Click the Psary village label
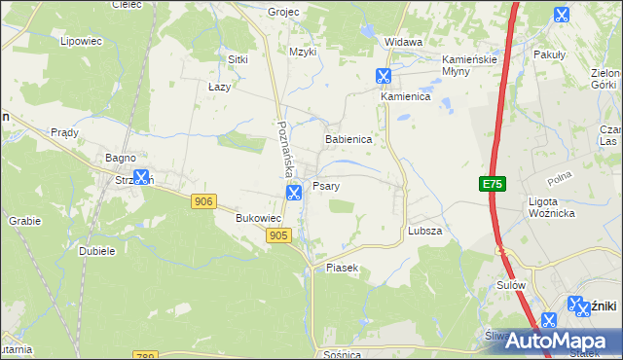coord(325,185)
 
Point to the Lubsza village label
coord(425,231)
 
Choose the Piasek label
coord(343,267)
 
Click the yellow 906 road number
coord(203,200)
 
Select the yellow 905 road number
coord(278,235)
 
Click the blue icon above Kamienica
coord(384,76)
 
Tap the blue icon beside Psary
coord(294,193)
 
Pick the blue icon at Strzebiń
coord(142,177)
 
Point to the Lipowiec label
coord(82,41)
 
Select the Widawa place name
coord(403,42)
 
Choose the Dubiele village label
coord(97,250)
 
